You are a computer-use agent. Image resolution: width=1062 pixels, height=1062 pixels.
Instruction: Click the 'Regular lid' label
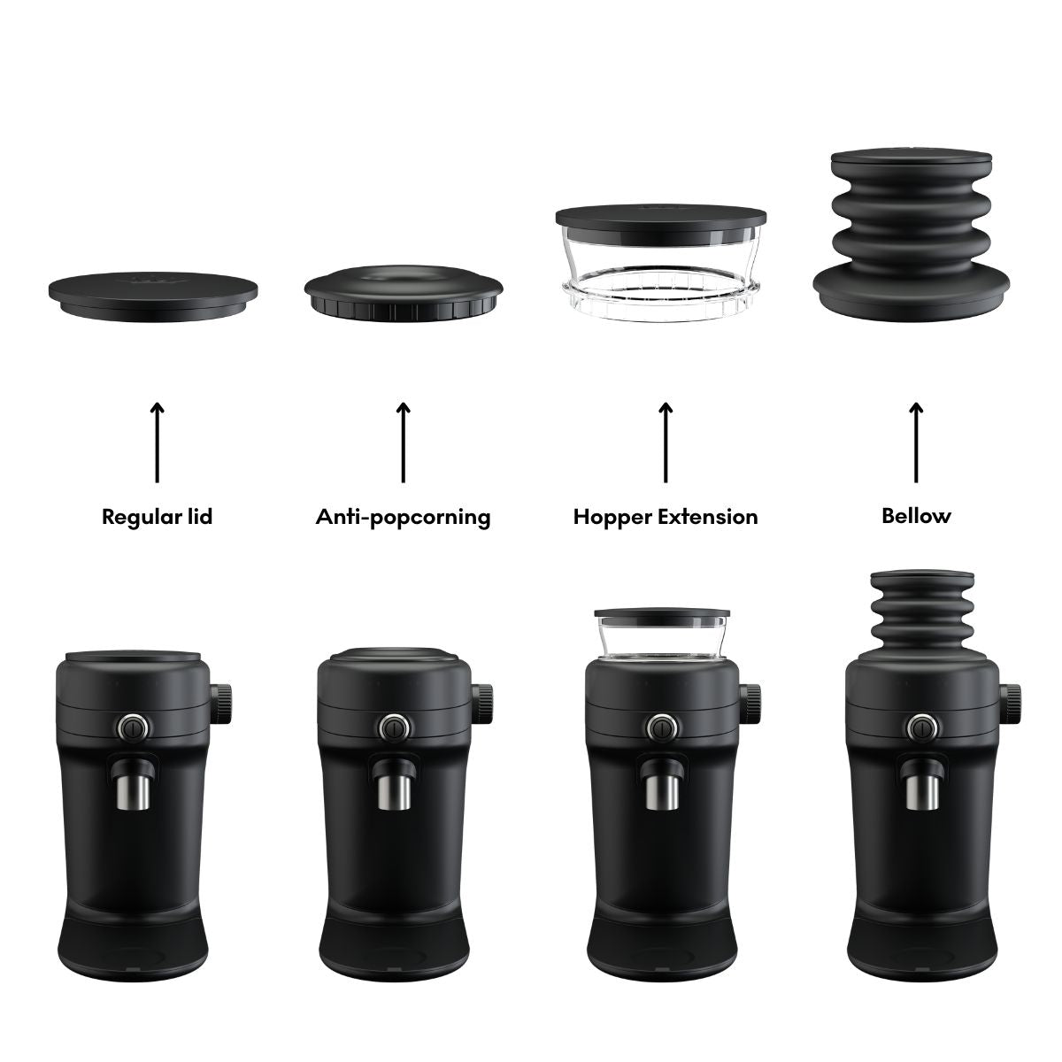click(157, 516)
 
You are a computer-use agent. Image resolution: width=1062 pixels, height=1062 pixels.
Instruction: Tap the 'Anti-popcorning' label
click(403, 517)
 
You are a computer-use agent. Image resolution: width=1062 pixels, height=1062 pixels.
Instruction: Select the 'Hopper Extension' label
click(666, 517)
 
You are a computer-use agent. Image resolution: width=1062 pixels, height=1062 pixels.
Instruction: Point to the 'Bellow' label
click(916, 516)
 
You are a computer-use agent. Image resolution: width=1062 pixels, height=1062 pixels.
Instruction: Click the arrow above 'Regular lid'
click(157, 442)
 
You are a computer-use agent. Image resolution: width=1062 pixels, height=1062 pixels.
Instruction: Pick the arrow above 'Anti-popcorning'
click(403, 442)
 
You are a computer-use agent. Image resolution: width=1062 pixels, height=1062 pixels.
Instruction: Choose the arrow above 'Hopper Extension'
click(666, 442)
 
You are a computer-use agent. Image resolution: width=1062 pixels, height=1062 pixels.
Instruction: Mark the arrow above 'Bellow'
click(916, 442)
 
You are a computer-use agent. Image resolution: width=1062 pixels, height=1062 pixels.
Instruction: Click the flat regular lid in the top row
click(152, 296)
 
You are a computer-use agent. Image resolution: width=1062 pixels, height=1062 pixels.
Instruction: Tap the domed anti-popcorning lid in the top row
click(404, 294)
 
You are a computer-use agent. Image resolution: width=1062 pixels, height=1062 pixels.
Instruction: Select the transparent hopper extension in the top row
click(661, 262)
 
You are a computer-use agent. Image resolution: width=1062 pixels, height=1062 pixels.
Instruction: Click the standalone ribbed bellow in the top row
click(911, 235)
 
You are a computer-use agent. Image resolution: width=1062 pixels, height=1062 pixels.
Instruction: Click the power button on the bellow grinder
click(922, 728)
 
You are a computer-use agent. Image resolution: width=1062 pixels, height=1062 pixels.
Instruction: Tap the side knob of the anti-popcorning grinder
click(482, 704)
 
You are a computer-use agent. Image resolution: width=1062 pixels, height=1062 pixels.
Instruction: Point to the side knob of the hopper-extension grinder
click(750, 704)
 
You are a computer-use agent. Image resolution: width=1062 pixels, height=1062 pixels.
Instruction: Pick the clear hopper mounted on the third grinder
click(662, 635)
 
